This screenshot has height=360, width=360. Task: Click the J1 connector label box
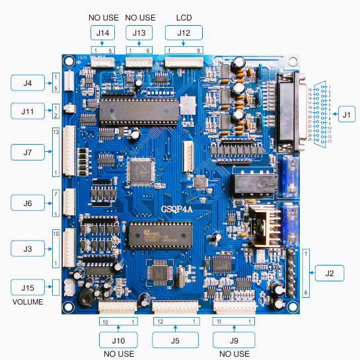346,114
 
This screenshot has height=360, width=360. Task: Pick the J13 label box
139,32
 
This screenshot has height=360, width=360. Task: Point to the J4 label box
27,83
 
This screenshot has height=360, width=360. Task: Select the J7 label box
27,152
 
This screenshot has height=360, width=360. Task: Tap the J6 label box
27,203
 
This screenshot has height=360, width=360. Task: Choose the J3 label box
27,248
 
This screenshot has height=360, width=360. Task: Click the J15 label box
27,287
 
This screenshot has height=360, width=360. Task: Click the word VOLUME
27,302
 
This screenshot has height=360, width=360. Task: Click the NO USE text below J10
118,354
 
